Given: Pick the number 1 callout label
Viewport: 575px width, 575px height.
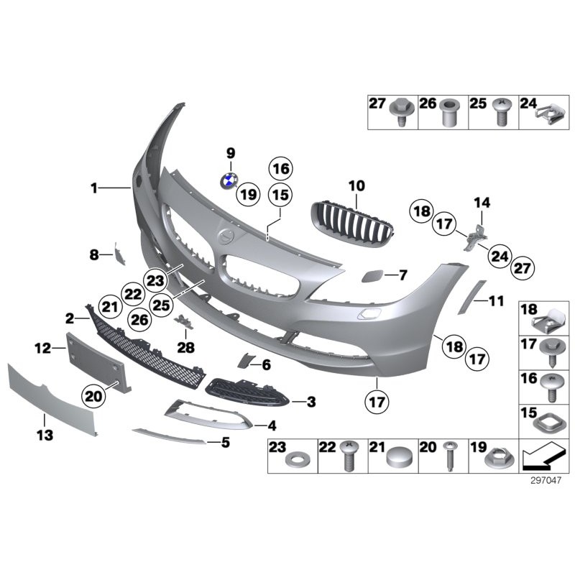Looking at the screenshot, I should pyautogui.click(x=93, y=188).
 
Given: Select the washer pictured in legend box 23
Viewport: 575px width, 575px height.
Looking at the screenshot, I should pyautogui.click(x=294, y=458).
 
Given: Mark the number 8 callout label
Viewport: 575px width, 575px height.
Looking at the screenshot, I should pyautogui.click(x=93, y=254).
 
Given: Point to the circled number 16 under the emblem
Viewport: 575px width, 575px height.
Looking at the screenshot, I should pyautogui.click(x=280, y=170).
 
